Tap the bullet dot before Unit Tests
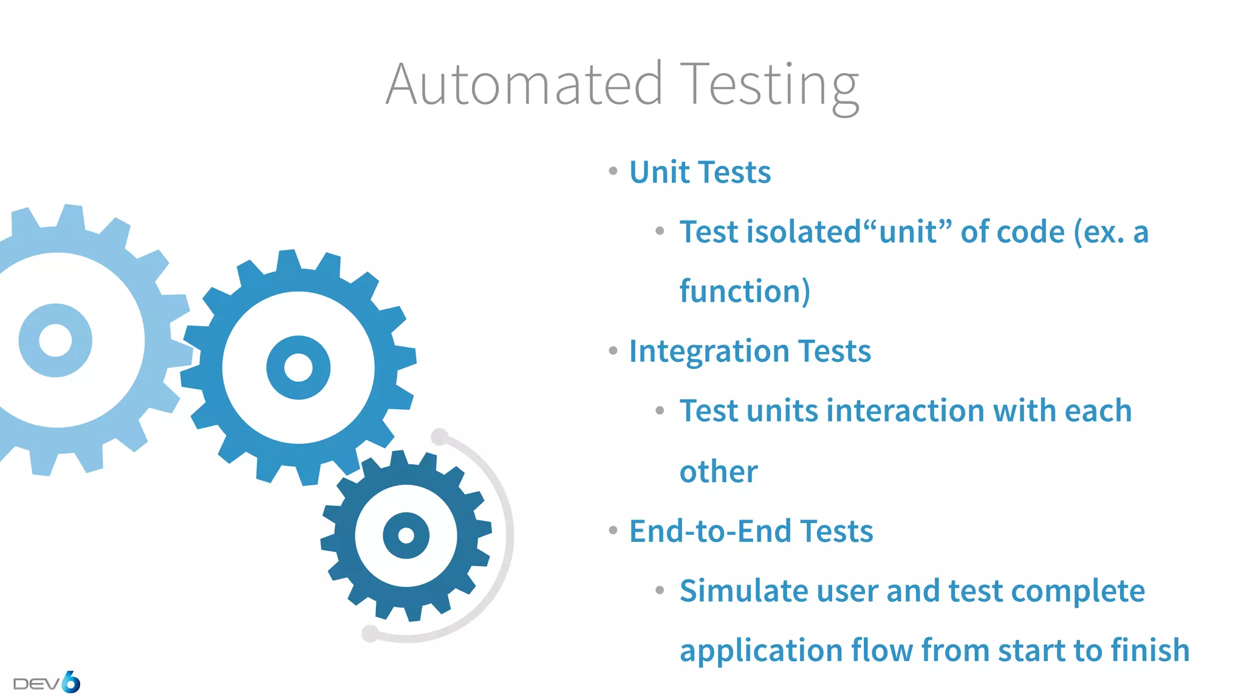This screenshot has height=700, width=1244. click(x=613, y=171)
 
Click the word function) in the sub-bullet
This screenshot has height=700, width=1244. click(x=745, y=291)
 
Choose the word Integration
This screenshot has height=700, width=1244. click(x=709, y=351)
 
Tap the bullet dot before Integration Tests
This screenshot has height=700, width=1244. click(x=613, y=351)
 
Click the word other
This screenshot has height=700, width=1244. click(x=719, y=472)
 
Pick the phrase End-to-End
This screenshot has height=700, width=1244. click(x=710, y=531)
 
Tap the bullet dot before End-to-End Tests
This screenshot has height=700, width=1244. click(x=613, y=530)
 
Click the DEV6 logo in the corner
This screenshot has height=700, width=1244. click(x=47, y=682)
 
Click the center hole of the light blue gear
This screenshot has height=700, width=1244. click(x=55, y=340)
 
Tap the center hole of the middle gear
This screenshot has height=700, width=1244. click(x=298, y=368)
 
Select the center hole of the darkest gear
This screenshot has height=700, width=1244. click(x=406, y=535)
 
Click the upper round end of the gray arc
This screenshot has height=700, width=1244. click(x=440, y=437)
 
